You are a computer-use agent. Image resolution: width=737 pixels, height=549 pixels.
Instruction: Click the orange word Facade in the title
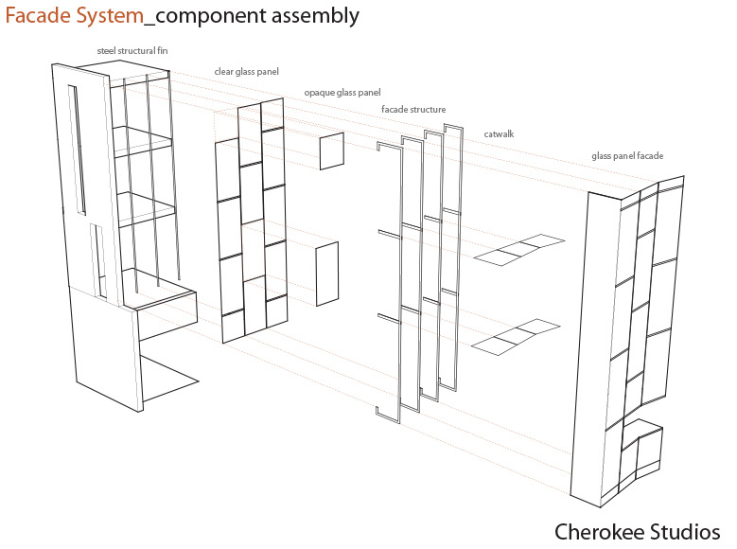[x=39, y=16]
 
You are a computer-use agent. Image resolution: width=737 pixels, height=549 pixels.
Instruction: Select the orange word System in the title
[x=108, y=16]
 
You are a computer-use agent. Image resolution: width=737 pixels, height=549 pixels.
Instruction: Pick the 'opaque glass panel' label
[x=342, y=93]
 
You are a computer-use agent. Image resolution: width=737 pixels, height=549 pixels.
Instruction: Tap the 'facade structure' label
[x=413, y=110]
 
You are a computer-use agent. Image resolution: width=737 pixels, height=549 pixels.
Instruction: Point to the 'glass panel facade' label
[x=627, y=155]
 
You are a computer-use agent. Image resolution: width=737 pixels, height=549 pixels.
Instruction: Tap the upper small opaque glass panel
[x=331, y=151]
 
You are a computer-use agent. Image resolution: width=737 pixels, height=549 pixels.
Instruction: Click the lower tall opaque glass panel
[x=326, y=274]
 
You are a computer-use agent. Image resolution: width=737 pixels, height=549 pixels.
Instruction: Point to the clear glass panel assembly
[x=251, y=222]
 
